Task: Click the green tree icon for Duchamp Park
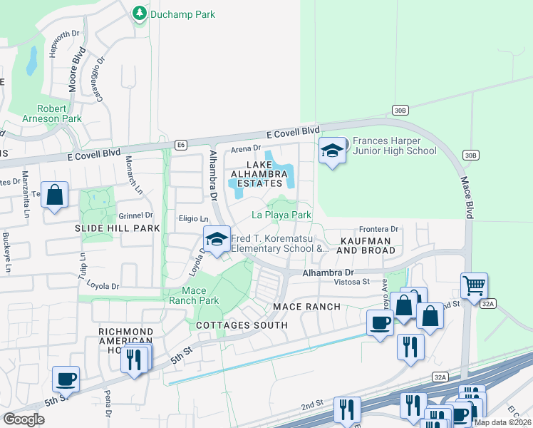(x=139, y=14)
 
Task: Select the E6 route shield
(x=182, y=145)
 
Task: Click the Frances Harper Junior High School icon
(x=331, y=151)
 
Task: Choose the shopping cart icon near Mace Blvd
(x=474, y=285)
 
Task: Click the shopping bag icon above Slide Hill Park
(x=55, y=195)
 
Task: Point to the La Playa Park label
(x=282, y=215)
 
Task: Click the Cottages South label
(x=242, y=325)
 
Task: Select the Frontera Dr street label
(x=377, y=229)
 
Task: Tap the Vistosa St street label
(x=352, y=282)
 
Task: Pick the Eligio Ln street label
(x=194, y=220)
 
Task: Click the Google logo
(x=24, y=419)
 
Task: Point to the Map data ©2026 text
(x=502, y=422)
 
